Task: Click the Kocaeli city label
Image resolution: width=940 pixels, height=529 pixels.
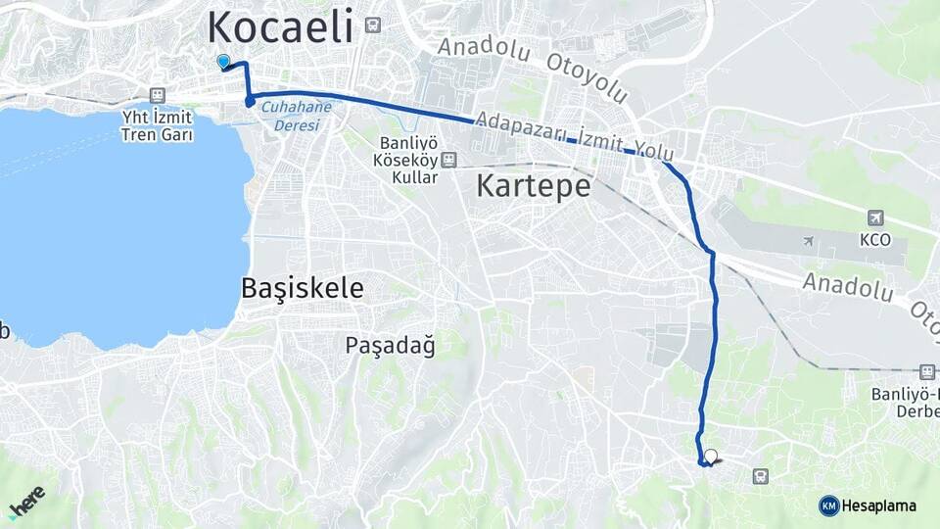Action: (x=281, y=26)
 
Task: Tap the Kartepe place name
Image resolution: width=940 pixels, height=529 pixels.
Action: (x=534, y=185)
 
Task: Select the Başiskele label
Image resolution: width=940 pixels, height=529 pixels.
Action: (x=302, y=288)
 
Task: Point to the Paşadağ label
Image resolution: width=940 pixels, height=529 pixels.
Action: (x=390, y=345)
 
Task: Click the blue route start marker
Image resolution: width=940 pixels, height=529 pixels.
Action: (x=223, y=63)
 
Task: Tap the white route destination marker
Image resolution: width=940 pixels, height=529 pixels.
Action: (x=711, y=456)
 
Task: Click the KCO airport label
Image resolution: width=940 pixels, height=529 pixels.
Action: (x=874, y=239)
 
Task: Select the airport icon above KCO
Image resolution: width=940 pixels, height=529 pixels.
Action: (x=875, y=218)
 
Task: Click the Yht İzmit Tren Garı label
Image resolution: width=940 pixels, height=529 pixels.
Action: (x=157, y=125)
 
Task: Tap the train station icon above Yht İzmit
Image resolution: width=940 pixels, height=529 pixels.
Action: (x=157, y=95)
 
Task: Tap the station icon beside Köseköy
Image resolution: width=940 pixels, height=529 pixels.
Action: (x=448, y=160)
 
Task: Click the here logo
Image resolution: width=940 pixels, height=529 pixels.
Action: (x=27, y=500)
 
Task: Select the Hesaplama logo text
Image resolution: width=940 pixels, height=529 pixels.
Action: (x=878, y=506)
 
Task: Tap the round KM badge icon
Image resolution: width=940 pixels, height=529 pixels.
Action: (x=828, y=505)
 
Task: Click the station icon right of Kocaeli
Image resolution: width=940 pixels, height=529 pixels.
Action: (x=372, y=25)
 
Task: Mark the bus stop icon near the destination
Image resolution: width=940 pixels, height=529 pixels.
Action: (x=760, y=476)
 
